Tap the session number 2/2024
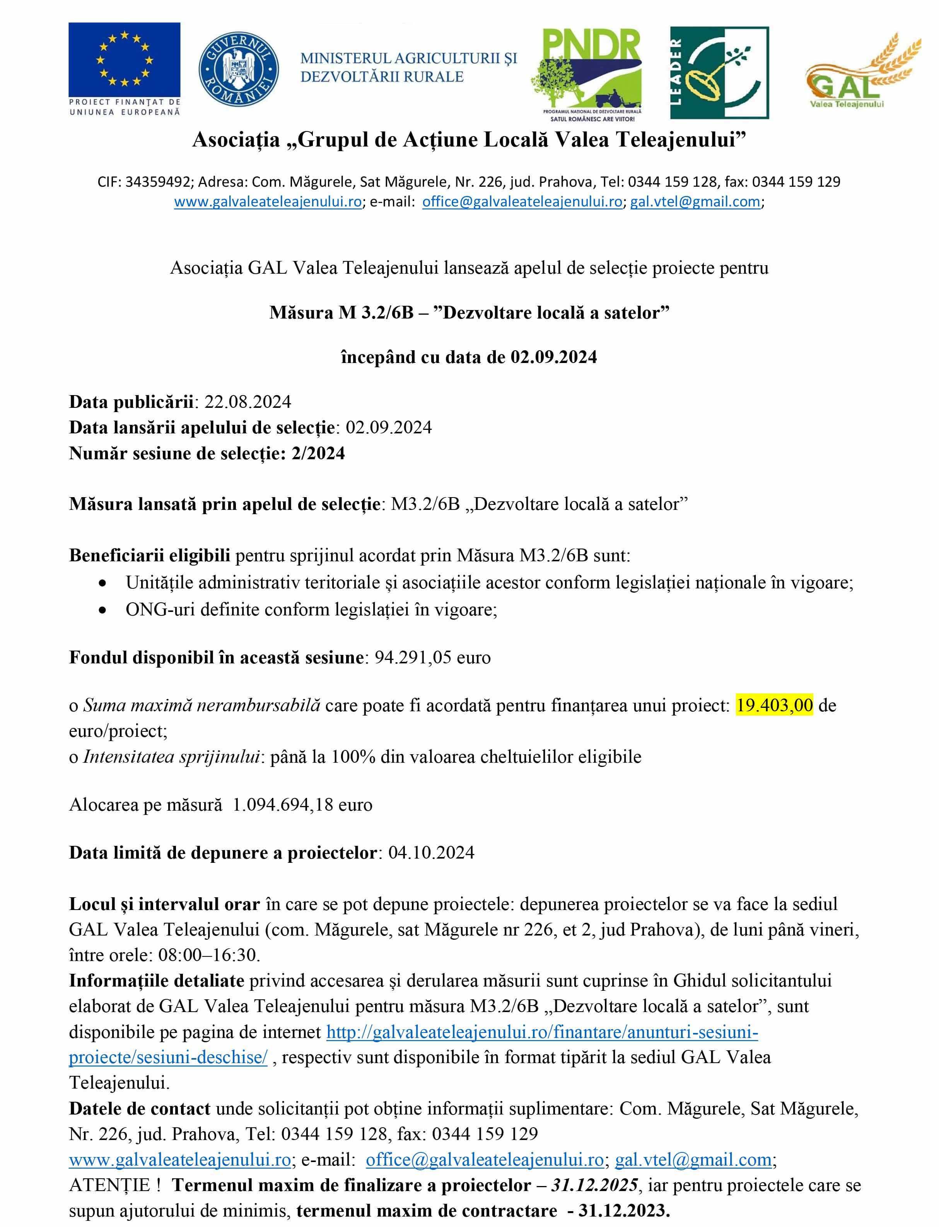tap(318, 453)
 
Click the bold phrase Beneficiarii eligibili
tap(149, 556)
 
